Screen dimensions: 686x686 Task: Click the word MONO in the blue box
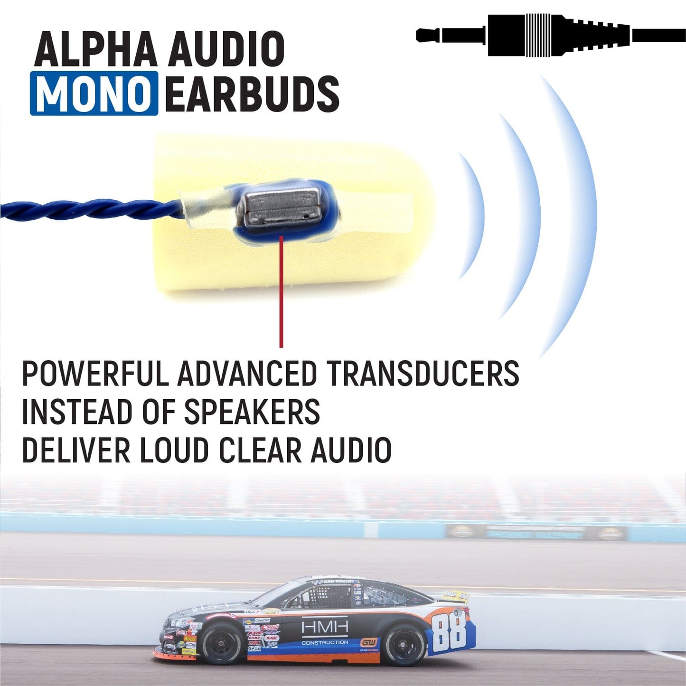click(x=94, y=93)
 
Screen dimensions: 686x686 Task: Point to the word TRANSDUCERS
click(x=423, y=374)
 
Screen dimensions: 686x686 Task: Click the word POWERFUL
click(x=95, y=374)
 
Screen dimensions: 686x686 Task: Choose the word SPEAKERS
click(x=252, y=412)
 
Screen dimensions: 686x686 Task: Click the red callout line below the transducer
click(x=281, y=294)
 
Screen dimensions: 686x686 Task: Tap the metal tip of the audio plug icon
click(x=427, y=35)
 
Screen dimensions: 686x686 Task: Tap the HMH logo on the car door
click(x=325, y=628)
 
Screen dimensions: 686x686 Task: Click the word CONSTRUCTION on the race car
click(x=325, y=642)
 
